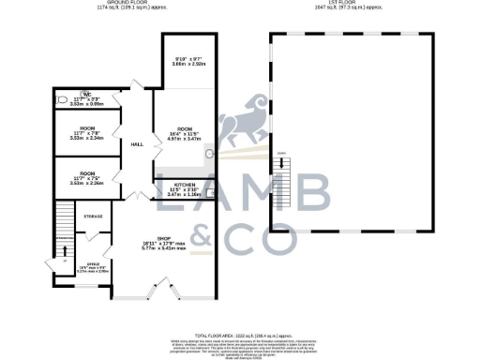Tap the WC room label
click(85, 94)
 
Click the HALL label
click(137, 143)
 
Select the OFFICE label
click(93, 264)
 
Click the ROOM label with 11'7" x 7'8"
click(86, 128)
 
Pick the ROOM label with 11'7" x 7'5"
click(86, 174)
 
